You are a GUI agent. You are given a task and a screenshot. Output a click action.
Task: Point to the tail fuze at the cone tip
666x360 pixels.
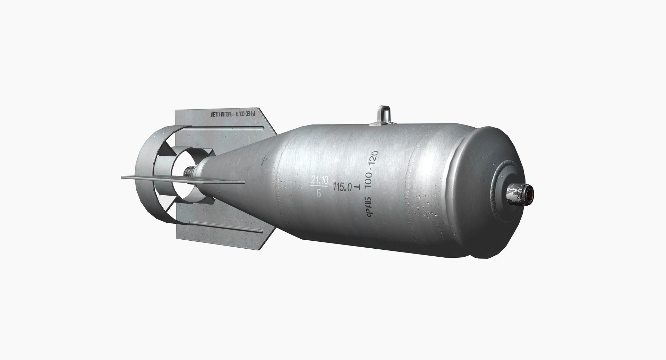[190, 171]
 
